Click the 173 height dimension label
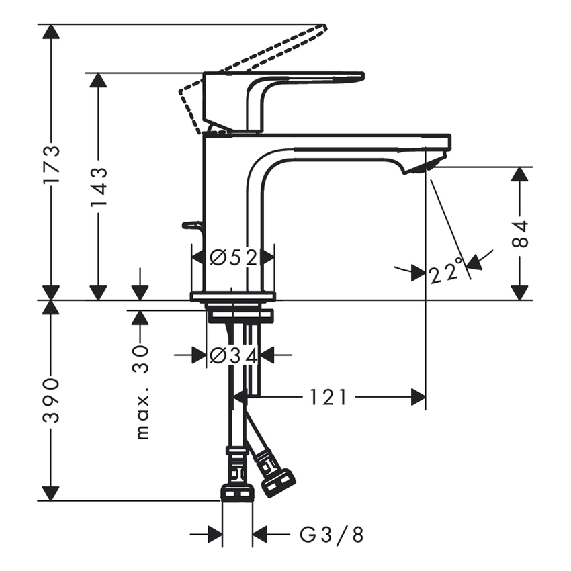click(51, 165)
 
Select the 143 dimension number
click(99, 189)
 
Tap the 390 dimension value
click(51, 400)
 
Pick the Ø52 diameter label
click(233, 257)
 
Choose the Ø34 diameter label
click(233, 356)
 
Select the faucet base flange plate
click(233, 296)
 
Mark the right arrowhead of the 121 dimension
click(418, 398)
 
